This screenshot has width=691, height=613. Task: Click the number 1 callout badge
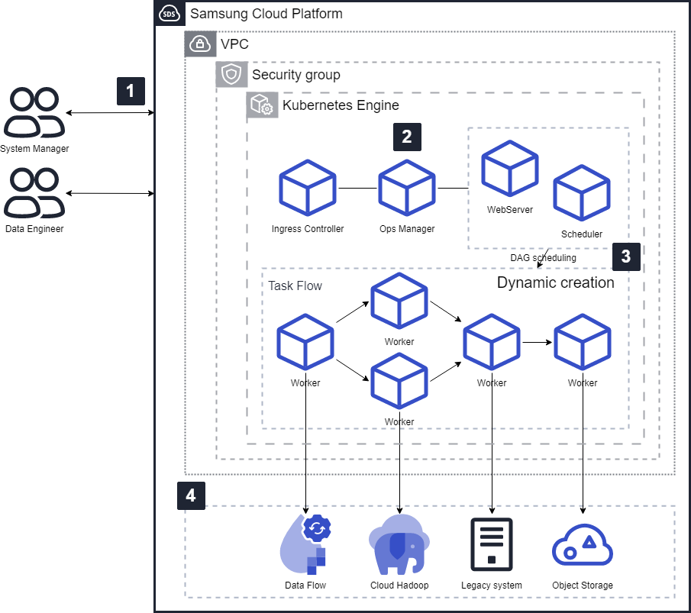[x=131, y=91]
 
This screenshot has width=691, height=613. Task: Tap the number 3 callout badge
[x=626, y=256]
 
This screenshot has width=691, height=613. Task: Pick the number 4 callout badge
[x=191, y=495]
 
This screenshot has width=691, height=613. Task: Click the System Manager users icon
[x=34, y=113]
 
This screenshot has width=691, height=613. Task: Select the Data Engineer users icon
[x=34, y=193]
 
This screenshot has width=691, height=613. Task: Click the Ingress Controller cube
[x=308, y=188]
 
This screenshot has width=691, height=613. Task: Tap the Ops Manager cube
[x=407, y=188]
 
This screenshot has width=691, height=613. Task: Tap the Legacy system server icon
[x=492, y=544]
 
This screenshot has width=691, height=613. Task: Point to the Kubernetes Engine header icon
[x=260, y=105]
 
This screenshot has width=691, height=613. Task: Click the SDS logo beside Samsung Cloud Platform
[x=168, y=14]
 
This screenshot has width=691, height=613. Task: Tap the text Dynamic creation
[x=555, y=282]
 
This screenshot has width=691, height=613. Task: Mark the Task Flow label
[x=295, y=286]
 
